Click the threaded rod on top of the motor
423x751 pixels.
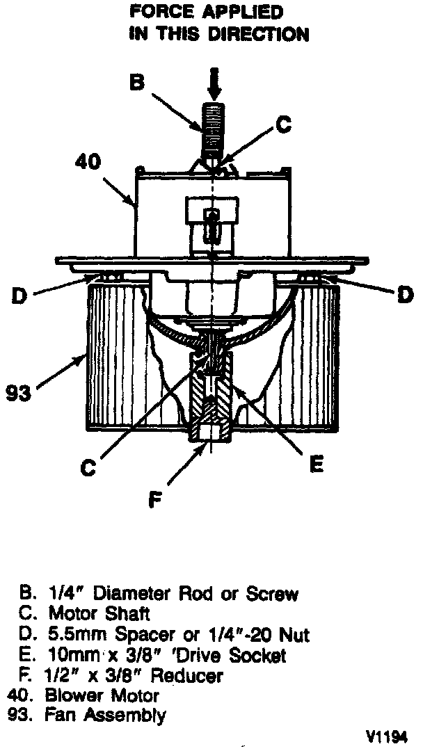pyautogui.click(x=211, y=129)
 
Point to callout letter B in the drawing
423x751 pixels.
pyautogui.click(x=138, y=83)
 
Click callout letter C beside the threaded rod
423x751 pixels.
pyautogui.click(x=282, y=124)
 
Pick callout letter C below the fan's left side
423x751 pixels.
pyautogui.click(x=87, y=468)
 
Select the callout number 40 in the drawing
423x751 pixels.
pyautogui.click(x=90, y=161)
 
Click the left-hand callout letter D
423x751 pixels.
pyautogui.click(x=20, y=296)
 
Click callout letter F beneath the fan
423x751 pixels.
pyautogui.click(x=157, y=499)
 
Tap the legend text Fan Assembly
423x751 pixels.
pyautogui.click(x=107, y=714)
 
